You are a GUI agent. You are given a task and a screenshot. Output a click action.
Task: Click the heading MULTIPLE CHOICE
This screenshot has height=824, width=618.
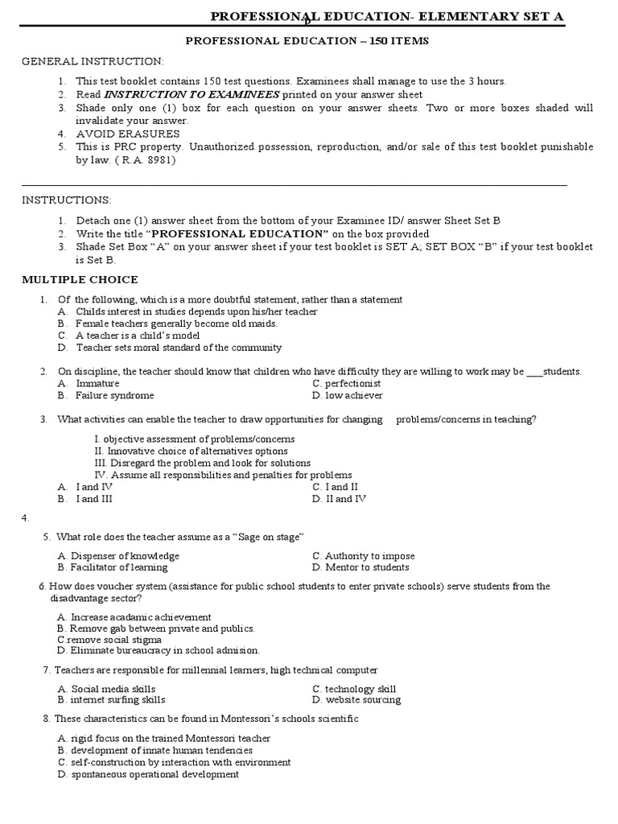tap(80, 280)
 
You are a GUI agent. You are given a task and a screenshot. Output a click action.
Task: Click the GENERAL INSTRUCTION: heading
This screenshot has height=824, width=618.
tap(93, 61)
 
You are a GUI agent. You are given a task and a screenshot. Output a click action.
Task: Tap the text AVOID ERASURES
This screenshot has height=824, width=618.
tap(128, 134)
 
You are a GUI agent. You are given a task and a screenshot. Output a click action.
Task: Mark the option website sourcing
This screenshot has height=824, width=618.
tap(362, 700)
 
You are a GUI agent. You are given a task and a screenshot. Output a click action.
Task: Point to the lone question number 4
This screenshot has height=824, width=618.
tap(26, 517)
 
